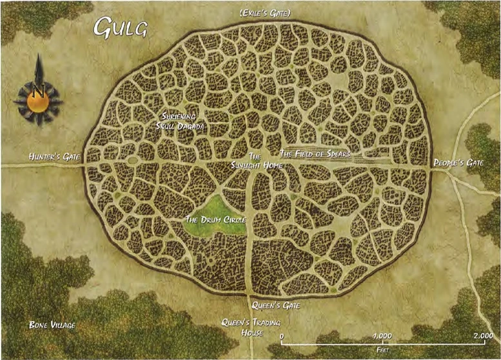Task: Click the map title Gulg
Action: click(121, 27)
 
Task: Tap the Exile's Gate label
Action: click(264, 12)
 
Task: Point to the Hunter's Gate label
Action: click(54, 157)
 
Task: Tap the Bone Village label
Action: click(52, 325)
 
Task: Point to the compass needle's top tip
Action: click(39, 57)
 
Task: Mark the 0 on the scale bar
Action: click(282, 336)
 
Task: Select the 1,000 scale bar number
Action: click(383, 336)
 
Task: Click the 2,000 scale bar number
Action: click(483, 336)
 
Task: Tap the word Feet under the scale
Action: click(382, 348)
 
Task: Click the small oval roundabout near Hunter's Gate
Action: click(133, 159)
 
